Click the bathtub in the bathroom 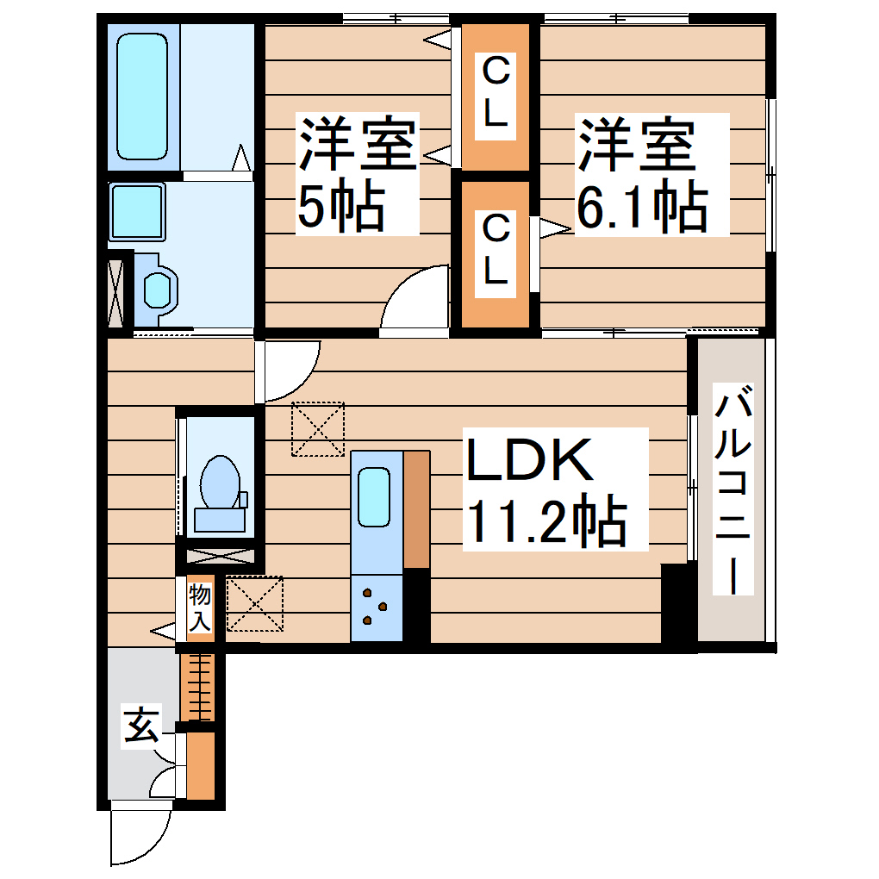click(142, 97)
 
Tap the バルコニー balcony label click(732, 491)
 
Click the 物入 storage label click(200, 608)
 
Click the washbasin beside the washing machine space click(159, 290)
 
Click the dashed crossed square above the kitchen click(318, 428)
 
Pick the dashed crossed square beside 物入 click(255, 604)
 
